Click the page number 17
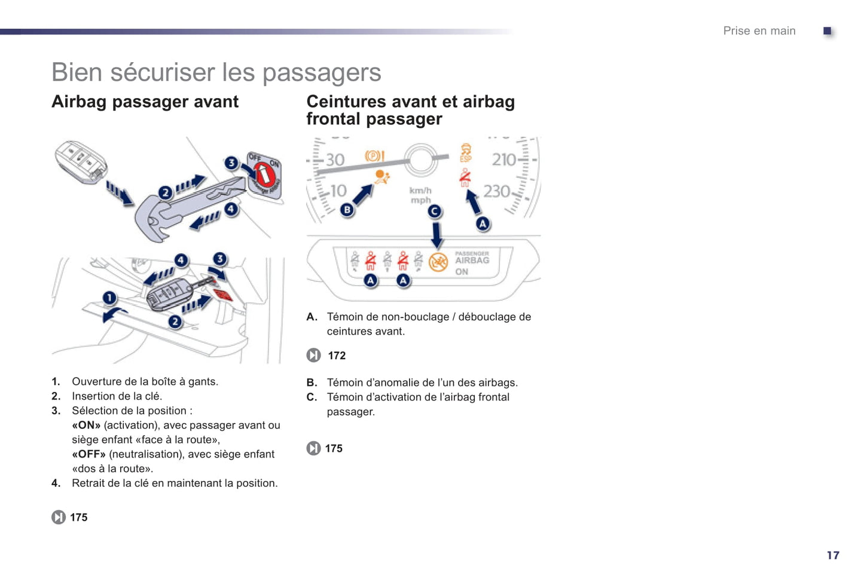[x=833, y=555]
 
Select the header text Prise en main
[x=759, y=31]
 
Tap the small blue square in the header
[x=827, y=31]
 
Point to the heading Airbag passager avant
[x=145, y=102]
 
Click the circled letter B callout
[x=347, y=210]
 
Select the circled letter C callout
[x=434, y=212]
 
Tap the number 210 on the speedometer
[x=503, y=159]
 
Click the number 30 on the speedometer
[x=335, y=159]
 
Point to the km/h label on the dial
[x=420, y=191]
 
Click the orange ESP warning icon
[x=466, y=153]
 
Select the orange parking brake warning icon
[x=374, y=156]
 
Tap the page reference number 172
[x=337, y=356]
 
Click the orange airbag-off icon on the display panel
[x=438, y=262]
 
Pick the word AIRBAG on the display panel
[x=472, y=261]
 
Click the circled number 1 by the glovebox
[x=109, y=298]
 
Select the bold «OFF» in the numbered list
[x=88, y=454]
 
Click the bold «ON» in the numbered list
[x=86, y=425]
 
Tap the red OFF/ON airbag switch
[x=265, y=173]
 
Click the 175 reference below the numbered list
[x=79, y=517]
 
